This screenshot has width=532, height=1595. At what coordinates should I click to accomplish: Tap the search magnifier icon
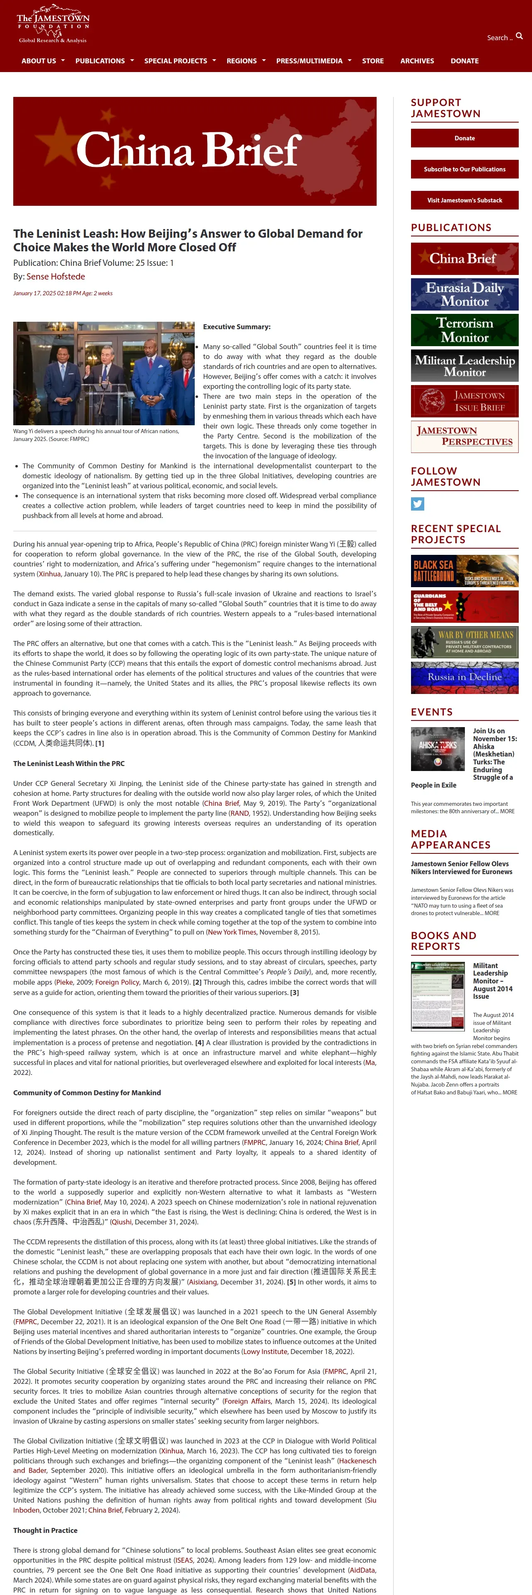click(519, 36)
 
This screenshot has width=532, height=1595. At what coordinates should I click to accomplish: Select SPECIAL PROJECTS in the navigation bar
click(176, 61)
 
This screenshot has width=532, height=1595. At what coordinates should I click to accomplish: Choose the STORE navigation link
click(373, 61)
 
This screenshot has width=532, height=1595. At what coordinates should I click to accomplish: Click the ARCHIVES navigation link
click(417, 61)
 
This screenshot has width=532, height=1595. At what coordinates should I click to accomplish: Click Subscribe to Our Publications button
click(464, 169)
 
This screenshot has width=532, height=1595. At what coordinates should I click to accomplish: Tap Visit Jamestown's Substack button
click(464, 200)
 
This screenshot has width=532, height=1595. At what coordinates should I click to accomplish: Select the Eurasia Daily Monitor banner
click(464, 294)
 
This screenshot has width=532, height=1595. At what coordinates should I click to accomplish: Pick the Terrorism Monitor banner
click(464, 330)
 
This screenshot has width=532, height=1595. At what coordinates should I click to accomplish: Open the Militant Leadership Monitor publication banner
click(464, 365)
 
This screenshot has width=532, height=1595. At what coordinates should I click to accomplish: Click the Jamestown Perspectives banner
click(464, 436)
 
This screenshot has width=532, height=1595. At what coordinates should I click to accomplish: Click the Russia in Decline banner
click(464, 677)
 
